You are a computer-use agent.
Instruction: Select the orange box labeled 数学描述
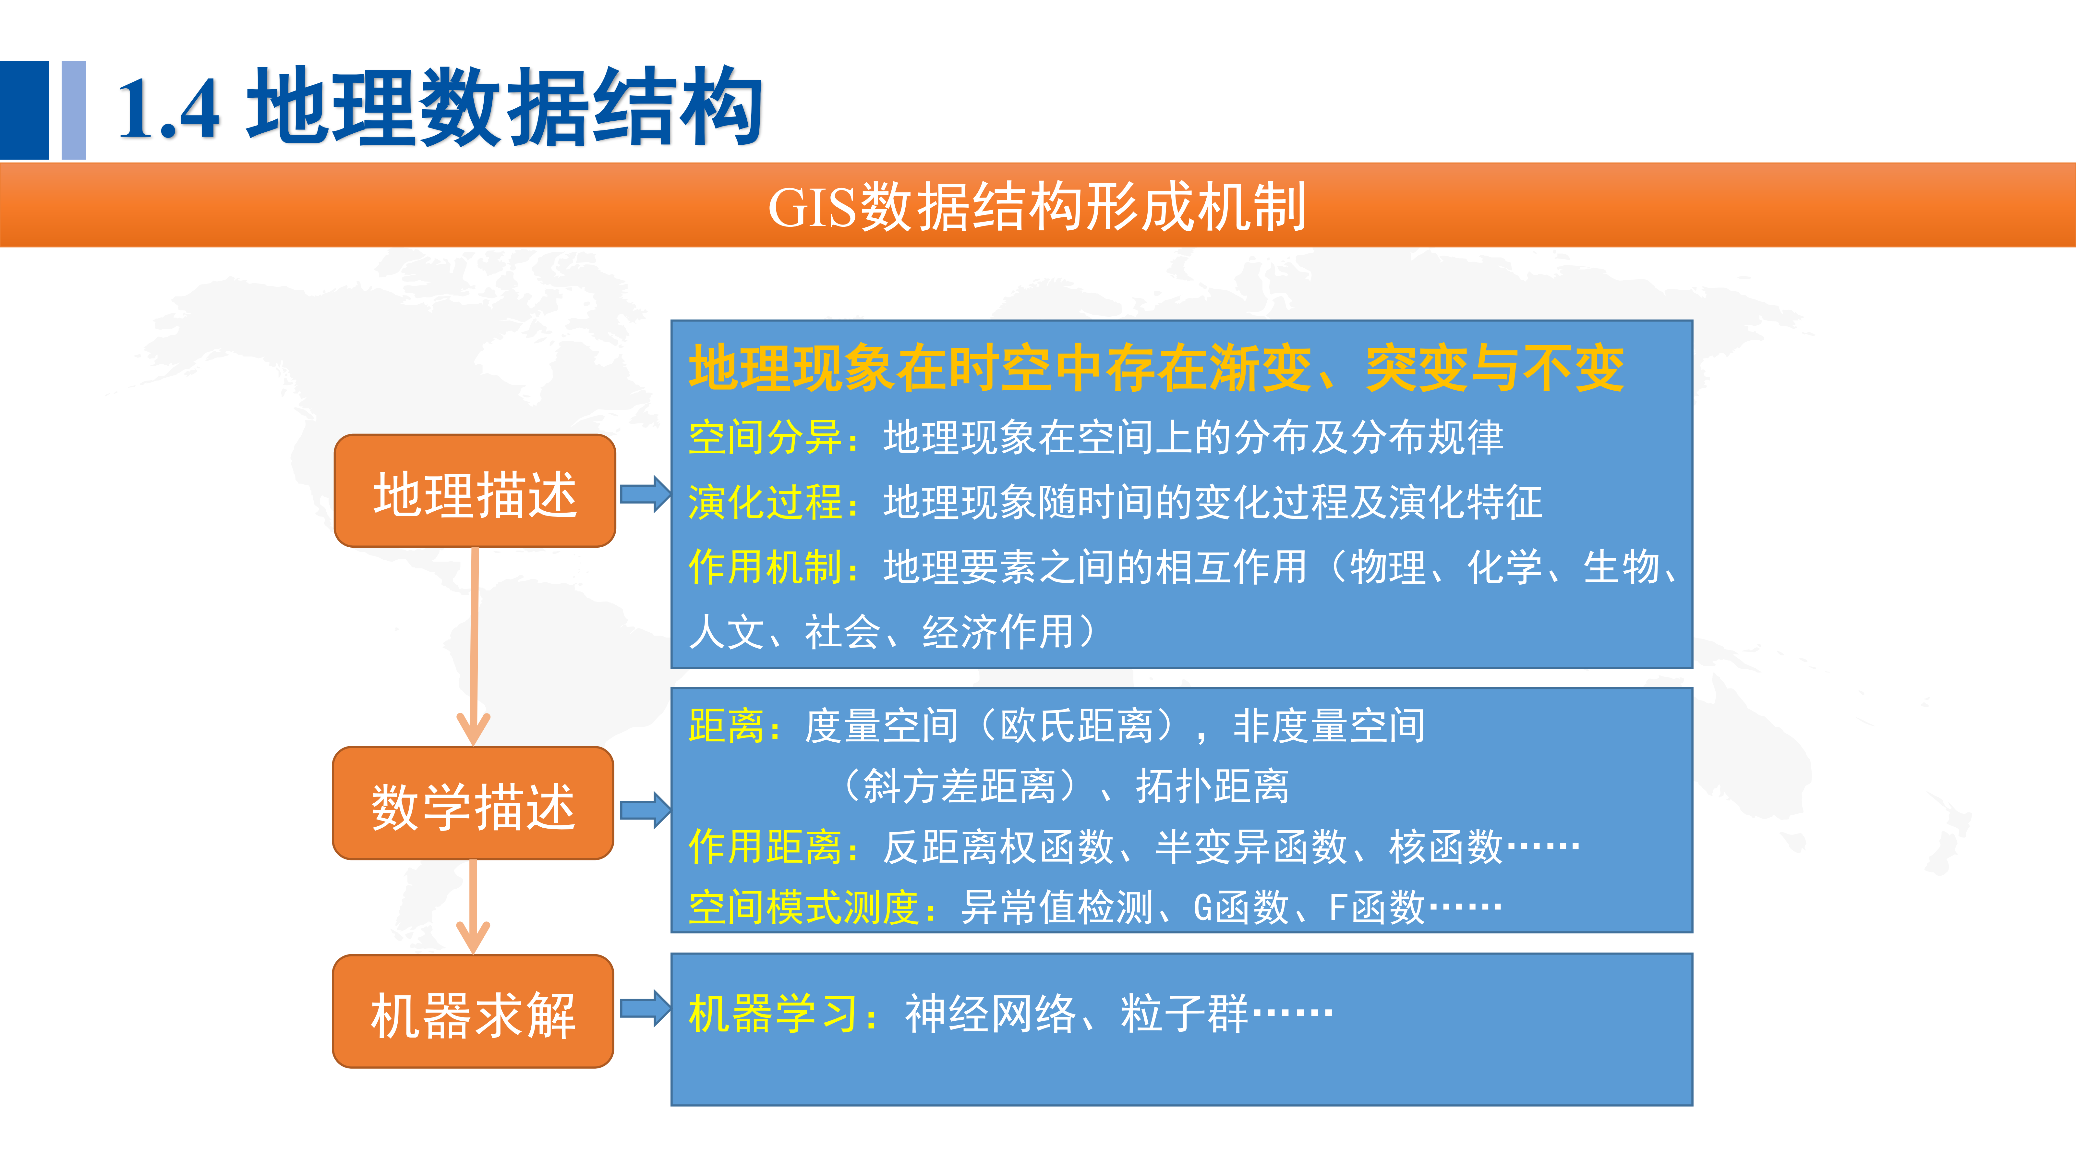click(x=473, y=804)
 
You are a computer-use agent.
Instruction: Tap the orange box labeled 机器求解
click(x=473, y=1012)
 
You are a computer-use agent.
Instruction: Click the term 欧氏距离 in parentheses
click(x=1077, y=725)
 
